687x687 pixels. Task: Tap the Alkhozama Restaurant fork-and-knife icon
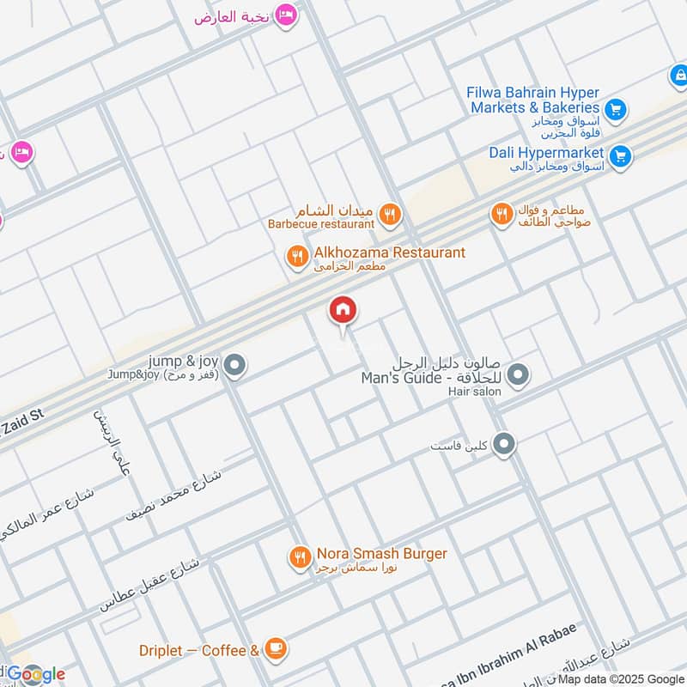pos(297,256)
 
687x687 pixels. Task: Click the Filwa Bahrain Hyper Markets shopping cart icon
pos(614,109)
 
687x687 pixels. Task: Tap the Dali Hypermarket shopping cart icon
pos(621,157)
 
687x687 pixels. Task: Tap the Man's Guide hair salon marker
pos(518,374)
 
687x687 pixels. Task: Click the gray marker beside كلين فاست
pos(505,444)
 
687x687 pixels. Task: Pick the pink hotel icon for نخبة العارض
pos(287,15)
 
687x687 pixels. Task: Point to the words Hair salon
pos(474,392)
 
